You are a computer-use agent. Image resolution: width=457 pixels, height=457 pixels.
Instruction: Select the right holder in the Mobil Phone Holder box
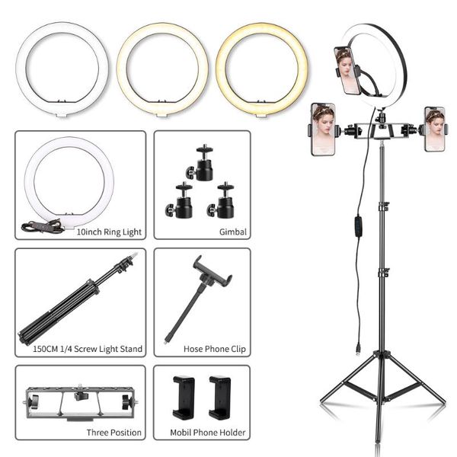(219, 396)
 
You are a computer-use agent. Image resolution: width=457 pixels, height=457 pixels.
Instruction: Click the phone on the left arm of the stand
(323, 129)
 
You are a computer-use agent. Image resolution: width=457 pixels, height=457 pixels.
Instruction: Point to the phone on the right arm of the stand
(434, 129)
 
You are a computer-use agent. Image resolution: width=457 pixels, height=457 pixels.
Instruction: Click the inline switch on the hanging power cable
(357, 228)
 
